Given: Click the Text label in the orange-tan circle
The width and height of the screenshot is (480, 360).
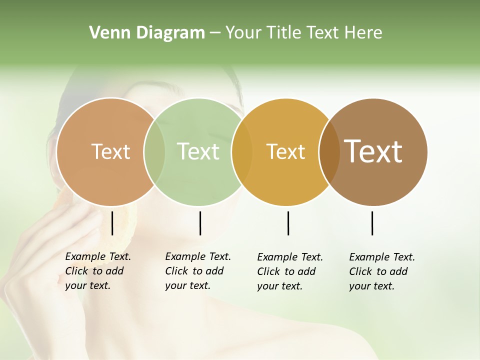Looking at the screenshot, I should click(110, 151).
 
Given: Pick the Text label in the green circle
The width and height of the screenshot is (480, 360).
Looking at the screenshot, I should click(198, 151).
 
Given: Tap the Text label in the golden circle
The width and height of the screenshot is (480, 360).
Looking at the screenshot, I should click(285, 151).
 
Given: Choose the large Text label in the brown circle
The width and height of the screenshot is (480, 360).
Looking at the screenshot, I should click(373, 151).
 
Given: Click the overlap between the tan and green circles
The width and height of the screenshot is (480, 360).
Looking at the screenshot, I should click(154, 152).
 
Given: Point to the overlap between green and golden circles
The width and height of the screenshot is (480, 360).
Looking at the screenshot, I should click(242, 152).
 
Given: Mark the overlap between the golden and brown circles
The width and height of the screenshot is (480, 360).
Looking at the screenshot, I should click(329, 152).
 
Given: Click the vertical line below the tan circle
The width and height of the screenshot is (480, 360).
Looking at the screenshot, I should click(112, 223).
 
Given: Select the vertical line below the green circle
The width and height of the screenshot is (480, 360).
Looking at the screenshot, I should click(200, 223).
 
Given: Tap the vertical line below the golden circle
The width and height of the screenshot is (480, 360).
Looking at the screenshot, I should click(288, 223).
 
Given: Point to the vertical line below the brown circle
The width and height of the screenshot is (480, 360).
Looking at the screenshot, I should click(372, 223).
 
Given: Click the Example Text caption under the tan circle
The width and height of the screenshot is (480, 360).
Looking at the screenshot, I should click(97, 271).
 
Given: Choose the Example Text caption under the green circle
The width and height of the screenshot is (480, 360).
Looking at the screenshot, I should click(197, 271).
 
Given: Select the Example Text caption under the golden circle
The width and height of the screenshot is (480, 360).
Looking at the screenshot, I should click(289, 271).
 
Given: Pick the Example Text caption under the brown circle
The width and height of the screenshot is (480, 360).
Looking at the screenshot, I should click(381, 271).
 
